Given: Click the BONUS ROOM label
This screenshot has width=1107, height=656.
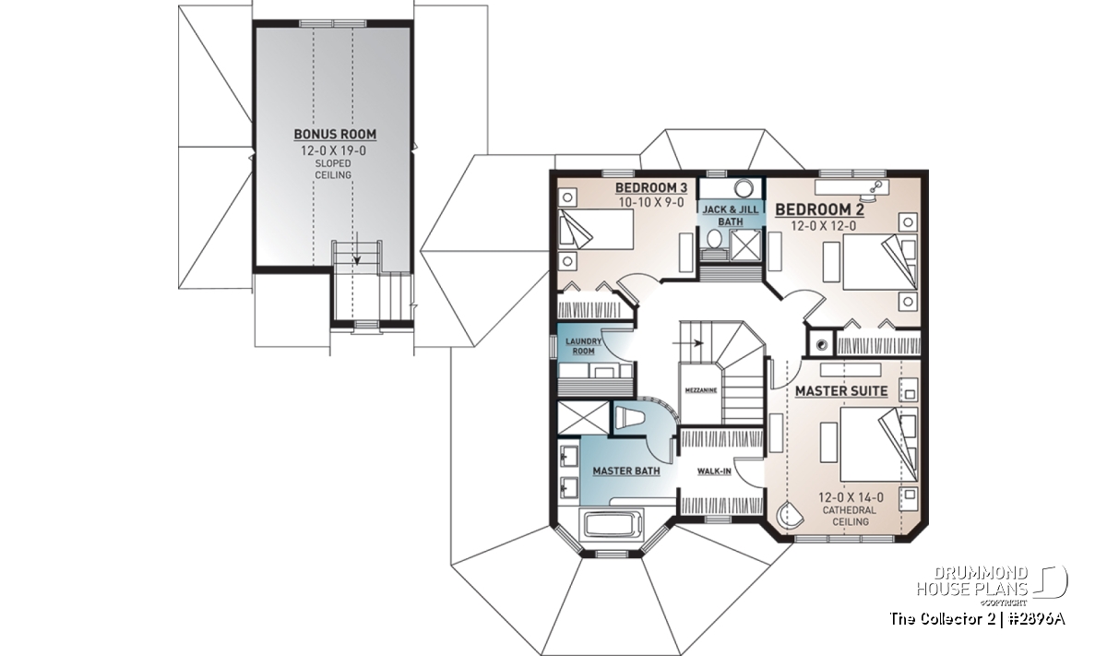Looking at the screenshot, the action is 335,134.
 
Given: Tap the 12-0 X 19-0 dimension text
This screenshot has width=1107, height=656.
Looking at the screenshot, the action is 334,150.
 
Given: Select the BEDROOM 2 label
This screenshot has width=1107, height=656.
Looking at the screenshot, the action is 819,210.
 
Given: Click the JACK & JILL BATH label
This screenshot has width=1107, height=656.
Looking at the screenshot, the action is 731,216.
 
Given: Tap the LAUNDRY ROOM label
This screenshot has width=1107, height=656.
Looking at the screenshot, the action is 584,346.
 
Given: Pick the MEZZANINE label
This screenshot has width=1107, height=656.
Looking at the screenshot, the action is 701,390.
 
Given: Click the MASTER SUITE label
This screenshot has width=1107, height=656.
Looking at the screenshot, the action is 841,391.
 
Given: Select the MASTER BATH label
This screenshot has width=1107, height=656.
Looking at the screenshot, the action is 626,471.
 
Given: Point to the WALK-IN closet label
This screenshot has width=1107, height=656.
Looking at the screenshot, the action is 714,471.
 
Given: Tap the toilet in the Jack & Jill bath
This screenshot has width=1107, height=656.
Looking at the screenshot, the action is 714,239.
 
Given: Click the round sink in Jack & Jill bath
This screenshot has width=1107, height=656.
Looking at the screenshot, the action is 743,188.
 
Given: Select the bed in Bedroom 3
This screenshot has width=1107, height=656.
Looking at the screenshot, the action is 596,229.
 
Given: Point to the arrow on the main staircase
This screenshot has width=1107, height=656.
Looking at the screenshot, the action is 688,342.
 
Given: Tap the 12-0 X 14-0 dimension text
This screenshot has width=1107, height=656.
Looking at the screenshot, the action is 851,497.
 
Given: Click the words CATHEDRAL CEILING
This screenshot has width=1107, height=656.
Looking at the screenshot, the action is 850,516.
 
